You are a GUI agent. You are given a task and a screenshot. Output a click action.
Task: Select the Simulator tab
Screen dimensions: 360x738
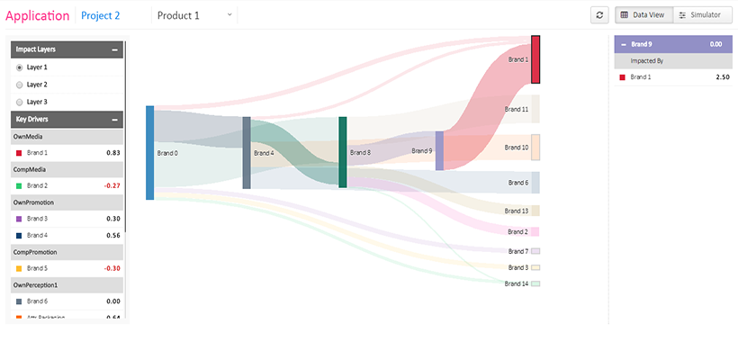point(699,15)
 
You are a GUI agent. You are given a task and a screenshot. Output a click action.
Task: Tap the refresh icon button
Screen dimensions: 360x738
point(599,15)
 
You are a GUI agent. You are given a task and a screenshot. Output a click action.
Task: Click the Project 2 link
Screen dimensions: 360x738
point(100,15)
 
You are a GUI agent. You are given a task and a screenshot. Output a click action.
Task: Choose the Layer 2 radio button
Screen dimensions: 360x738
point(20,85)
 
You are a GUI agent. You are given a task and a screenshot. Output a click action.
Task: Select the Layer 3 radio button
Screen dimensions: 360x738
point(20,102)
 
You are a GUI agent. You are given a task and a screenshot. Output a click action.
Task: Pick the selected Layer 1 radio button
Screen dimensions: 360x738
point(20,67)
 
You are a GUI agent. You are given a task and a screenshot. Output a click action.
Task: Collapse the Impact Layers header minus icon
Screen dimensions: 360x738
point(114,50)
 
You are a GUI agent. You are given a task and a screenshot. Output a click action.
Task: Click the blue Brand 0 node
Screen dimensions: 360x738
point(150,152)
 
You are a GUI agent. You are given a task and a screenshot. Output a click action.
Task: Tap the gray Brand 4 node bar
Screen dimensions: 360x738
point(247,152)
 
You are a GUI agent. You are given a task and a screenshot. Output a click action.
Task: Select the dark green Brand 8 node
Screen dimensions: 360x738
point(343,152)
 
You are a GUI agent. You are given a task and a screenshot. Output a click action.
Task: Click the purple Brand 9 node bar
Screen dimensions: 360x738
point(439,150)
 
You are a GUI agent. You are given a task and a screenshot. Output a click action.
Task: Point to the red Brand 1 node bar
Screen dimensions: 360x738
point(535,59)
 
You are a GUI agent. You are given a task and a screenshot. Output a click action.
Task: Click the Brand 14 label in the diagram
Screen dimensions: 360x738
point(517,283)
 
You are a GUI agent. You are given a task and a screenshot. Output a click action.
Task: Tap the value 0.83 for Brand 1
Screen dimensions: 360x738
point(112,153)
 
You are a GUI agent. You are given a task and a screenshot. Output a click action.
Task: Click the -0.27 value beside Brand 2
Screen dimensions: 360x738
point(112,185)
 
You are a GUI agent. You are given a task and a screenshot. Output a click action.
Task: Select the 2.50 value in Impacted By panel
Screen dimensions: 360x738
point(710,77)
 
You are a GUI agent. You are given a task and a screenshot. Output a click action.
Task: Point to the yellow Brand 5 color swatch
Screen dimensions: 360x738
point(19,268)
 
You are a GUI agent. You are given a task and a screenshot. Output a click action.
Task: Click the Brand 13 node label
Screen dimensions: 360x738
point(517,211)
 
